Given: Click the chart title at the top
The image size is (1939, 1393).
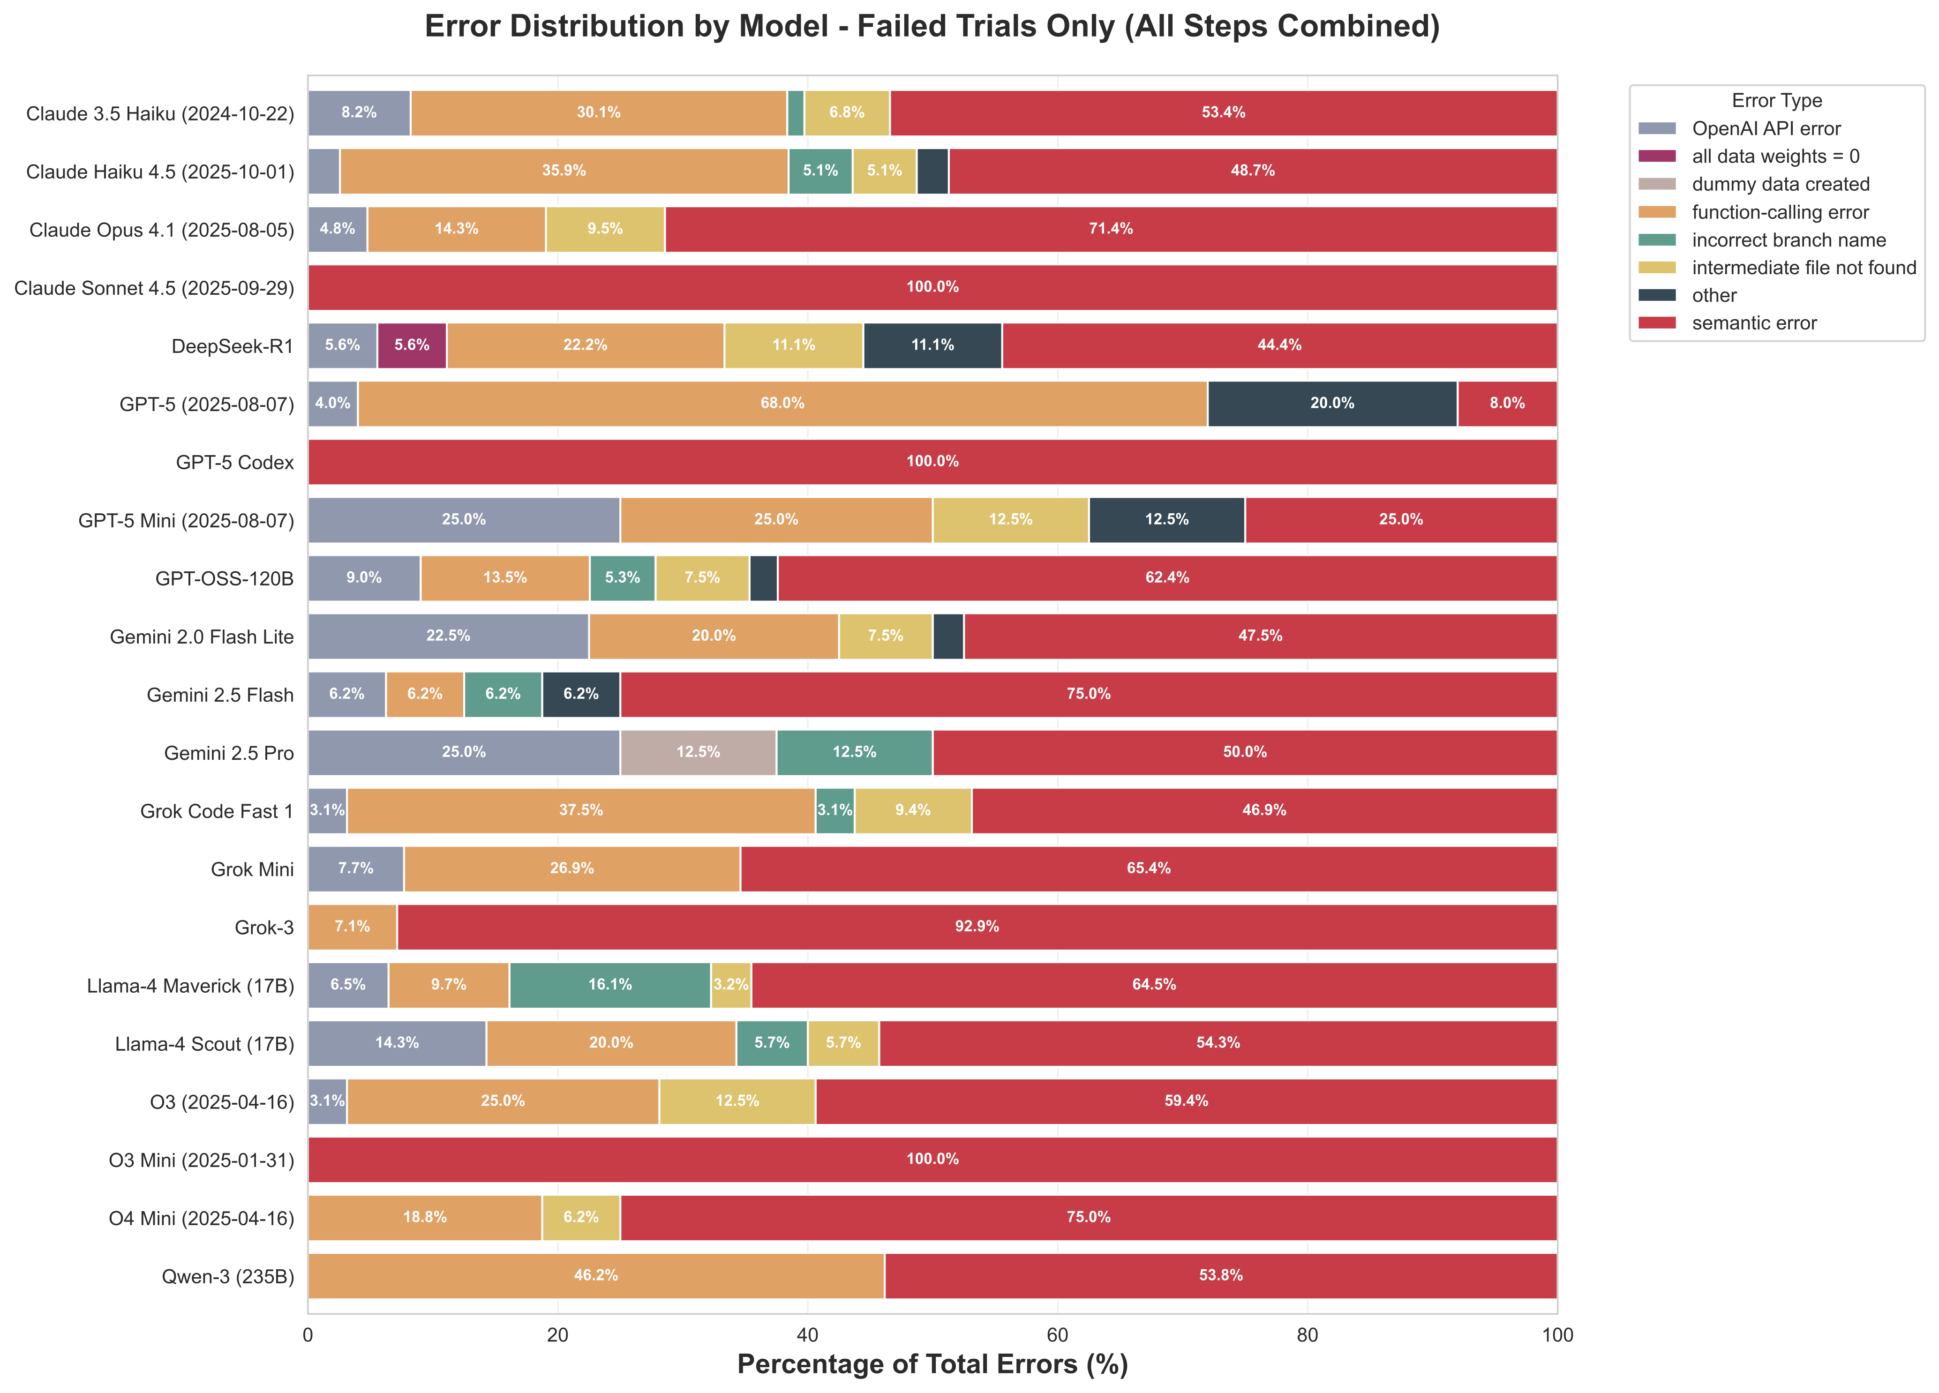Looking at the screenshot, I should [x=932, y=27].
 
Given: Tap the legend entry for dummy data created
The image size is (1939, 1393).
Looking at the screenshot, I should [x=1780, y=185].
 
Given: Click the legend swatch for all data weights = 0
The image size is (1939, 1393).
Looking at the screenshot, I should [x=1657, y=157].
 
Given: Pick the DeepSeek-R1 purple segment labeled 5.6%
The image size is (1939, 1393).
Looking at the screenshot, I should [x=411, y=345].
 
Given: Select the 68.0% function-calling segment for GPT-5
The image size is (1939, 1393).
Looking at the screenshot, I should [x=782, y=404].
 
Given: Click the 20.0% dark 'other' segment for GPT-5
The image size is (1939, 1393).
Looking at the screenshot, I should [x=1332, y=404].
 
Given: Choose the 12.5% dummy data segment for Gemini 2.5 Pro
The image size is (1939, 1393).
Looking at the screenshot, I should [x=698, y=752].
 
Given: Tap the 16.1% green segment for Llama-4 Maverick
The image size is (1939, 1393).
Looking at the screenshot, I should [x=609, y=984].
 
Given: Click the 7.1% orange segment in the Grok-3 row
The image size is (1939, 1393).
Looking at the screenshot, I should [x=352, y=926].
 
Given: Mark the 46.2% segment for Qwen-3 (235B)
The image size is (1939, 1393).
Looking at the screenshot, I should [x=596, y=1275].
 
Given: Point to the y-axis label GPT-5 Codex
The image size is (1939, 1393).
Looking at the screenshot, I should [x=234, y=462].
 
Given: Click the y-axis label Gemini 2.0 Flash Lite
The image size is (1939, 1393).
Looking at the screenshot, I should [x=202, y=637].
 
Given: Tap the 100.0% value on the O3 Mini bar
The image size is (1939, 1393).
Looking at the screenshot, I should [x=932, y=1159].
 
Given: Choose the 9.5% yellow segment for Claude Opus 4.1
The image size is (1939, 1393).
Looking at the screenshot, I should [x=605, y=229].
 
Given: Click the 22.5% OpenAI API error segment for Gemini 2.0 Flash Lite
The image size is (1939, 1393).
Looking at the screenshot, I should [x=448, y=636].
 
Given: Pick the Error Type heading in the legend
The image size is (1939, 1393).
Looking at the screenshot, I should [x=1777, y=101].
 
